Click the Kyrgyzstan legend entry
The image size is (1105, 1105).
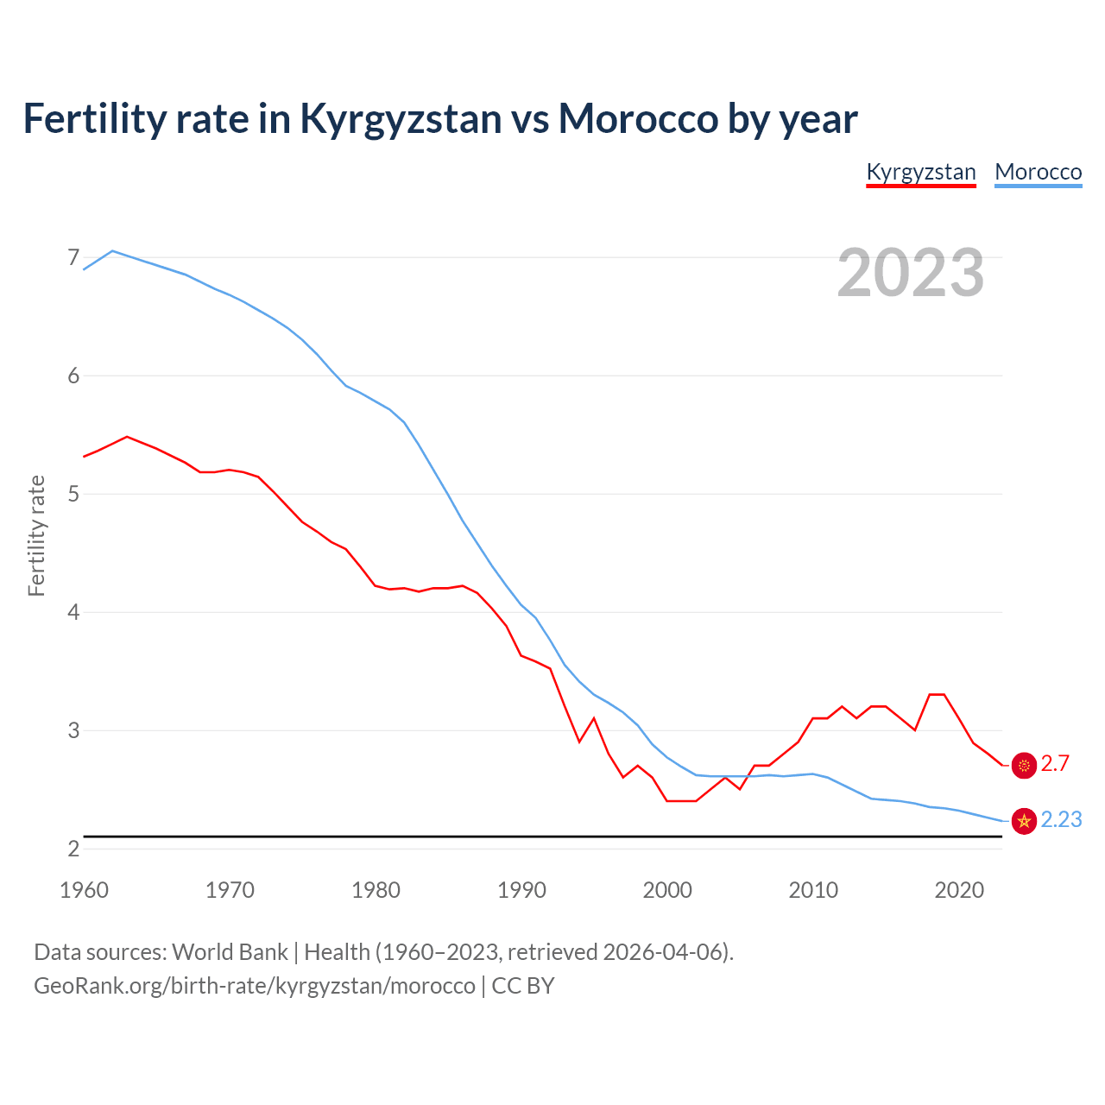[920, 172]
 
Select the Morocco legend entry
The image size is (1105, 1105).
[1038, 172]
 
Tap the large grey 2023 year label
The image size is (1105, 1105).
[910, 273]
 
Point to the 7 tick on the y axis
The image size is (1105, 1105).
[73, 257]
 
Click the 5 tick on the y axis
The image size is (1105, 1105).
[73, 494]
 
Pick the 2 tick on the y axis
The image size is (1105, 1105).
[73, 849]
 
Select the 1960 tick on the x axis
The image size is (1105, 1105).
[84, 890]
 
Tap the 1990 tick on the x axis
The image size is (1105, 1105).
[521, 890]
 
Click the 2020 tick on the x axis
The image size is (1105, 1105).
[959, 890]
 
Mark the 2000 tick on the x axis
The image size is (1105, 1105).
[667, 890]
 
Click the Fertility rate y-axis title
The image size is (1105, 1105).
[36, 535]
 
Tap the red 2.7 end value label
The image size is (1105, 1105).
[1055, 763]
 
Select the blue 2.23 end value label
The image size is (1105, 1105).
[1061, 819]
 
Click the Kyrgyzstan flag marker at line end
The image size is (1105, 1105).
[1024, 765]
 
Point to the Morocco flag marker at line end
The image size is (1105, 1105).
[1024, 821]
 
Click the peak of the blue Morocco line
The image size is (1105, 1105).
[112, 250]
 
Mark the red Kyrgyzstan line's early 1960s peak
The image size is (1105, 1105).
[127, 437]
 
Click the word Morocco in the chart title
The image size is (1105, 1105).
[637, 118]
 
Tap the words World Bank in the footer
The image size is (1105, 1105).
[230, 951]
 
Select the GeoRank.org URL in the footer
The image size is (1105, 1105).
[255, 985]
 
